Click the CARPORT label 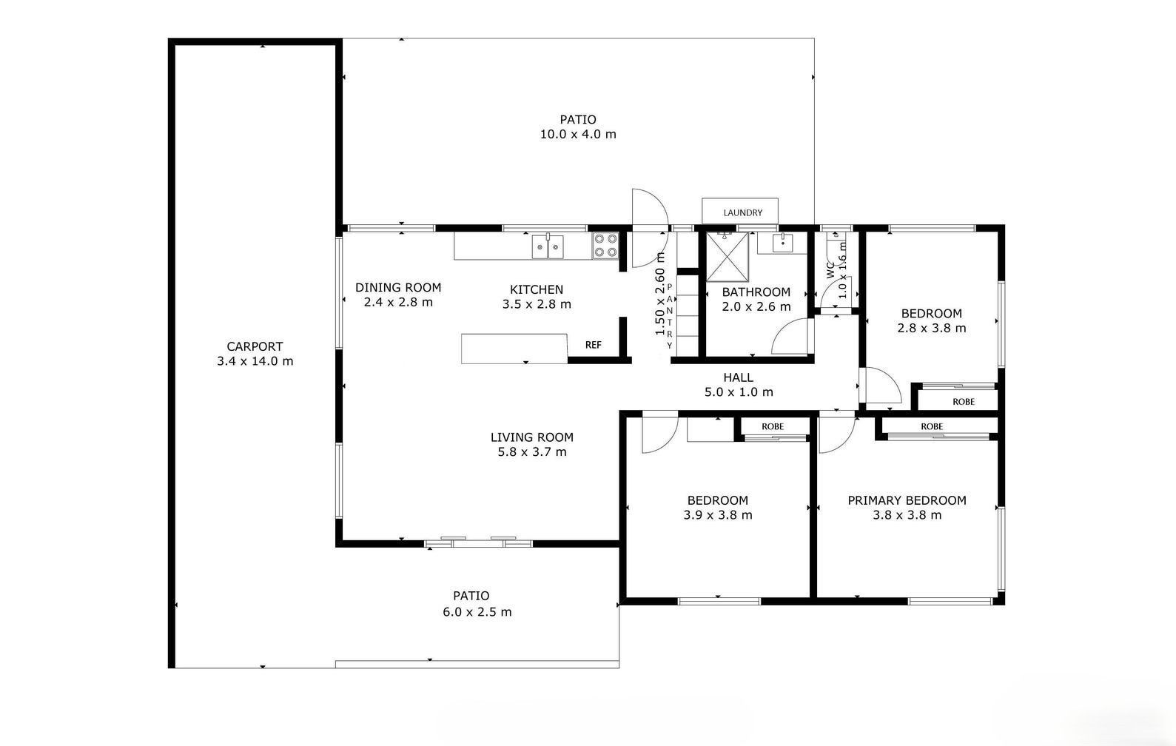tap(255, 346)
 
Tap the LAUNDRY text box tap(740, 211)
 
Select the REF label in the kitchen tap(594, 345)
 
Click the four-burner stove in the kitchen tap(605, 246)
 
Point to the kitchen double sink tap(548, 247)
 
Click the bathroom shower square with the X tap(727, 258)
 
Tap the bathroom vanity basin tap(782, 243)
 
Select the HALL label tap(738, 377)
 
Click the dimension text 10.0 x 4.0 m tap(578, 135)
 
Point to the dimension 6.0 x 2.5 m tap(477, 611)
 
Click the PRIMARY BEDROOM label tap(907, 500)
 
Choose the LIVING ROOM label tap(532, 437)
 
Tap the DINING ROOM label tap(398, 288)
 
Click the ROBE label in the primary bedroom tap(932, 426)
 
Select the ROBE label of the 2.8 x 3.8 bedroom tap(964, 402)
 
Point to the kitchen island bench tap(514, 348)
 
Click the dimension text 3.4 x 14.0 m tap(255, 361)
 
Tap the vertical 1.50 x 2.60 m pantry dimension tap(660, 294)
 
